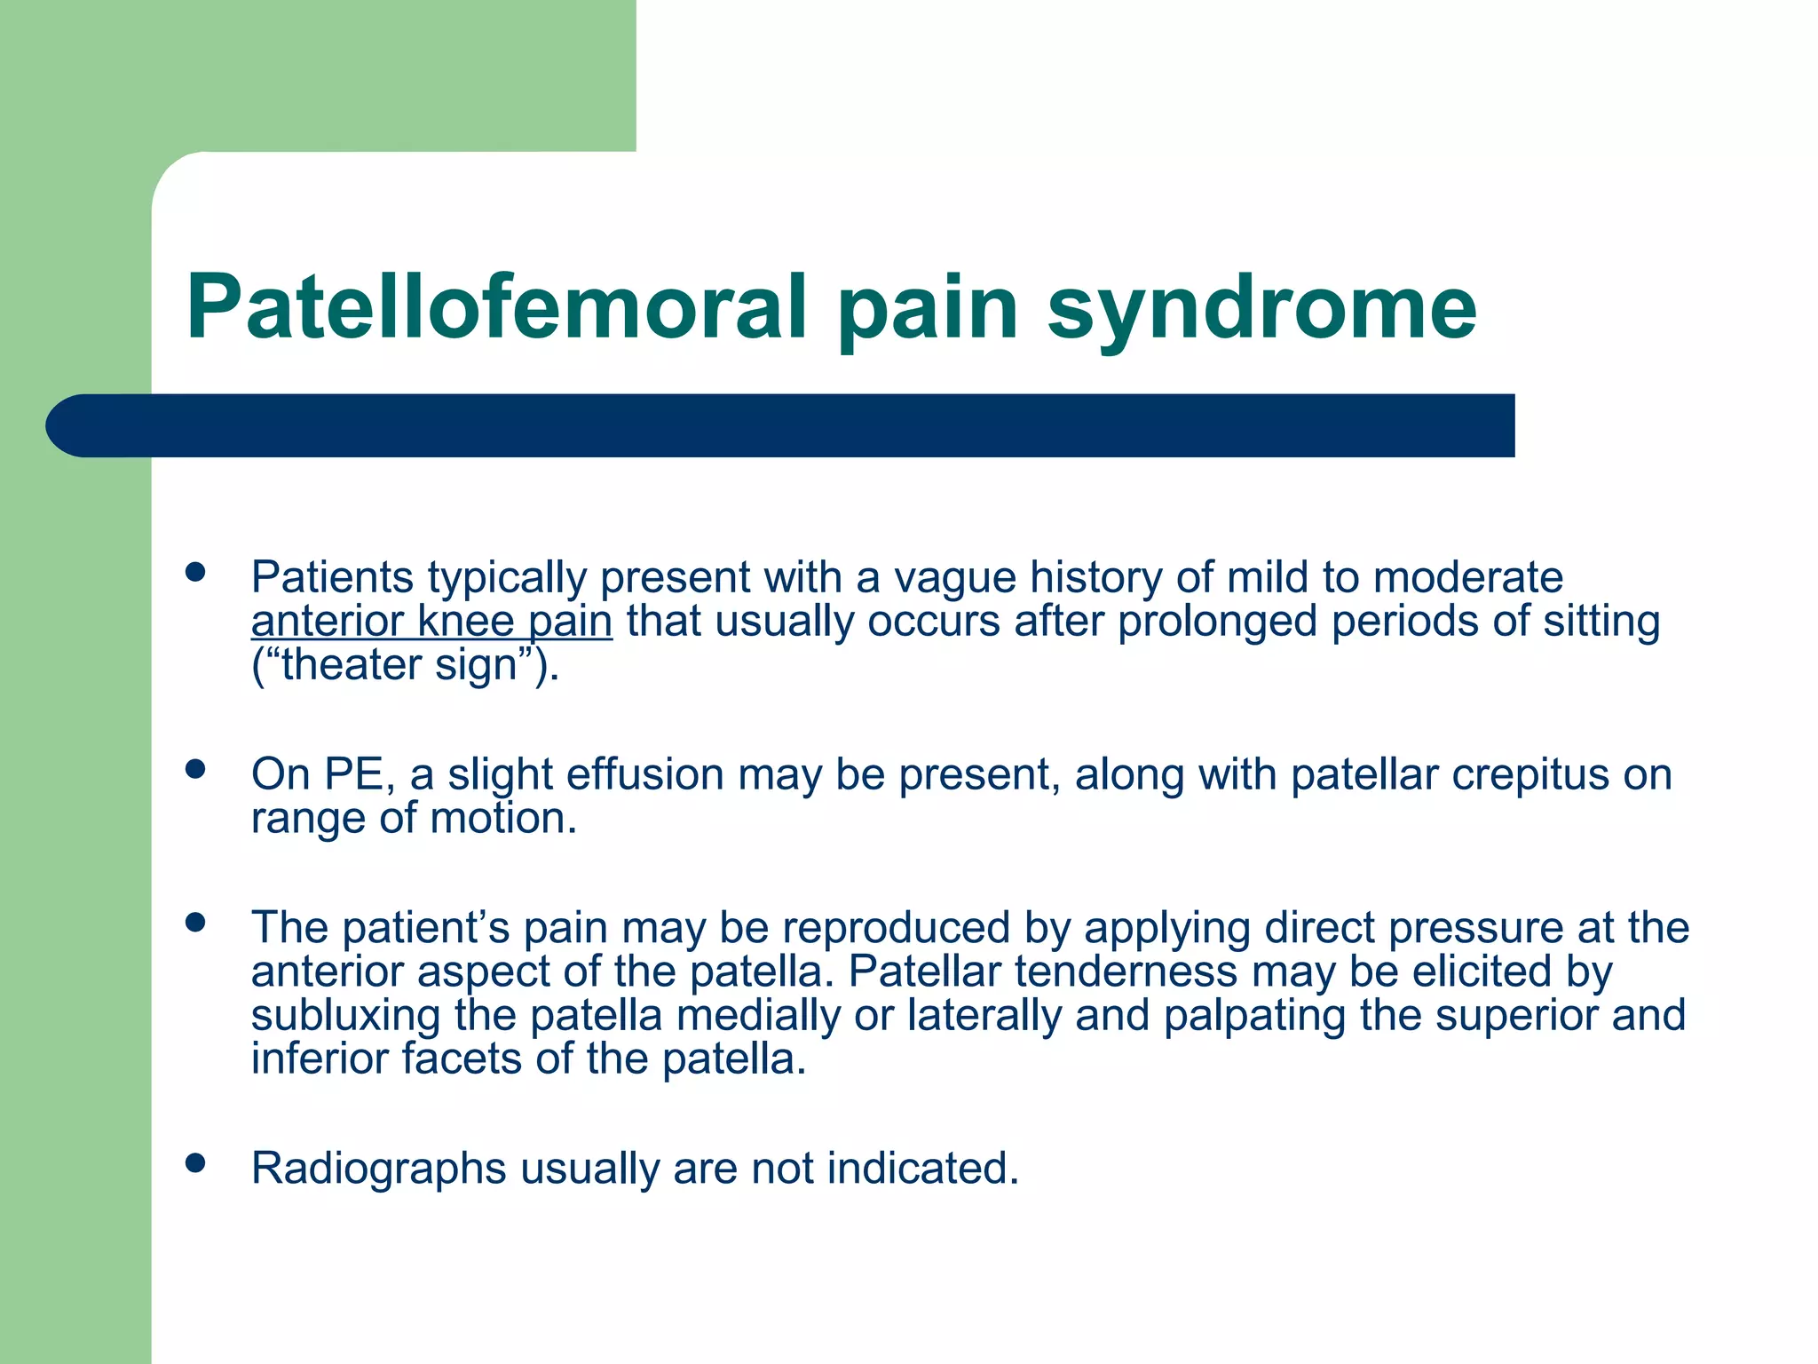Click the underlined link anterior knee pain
[x=431, y=622]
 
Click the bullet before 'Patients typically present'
[x=195, y=573]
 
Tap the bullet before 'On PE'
[x=195, y=769]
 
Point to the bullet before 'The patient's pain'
[x=195, y=923]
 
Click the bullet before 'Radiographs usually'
[x=195, y=1163]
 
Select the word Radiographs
[x=378, y=1169]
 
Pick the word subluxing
[x=345, y=1015]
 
